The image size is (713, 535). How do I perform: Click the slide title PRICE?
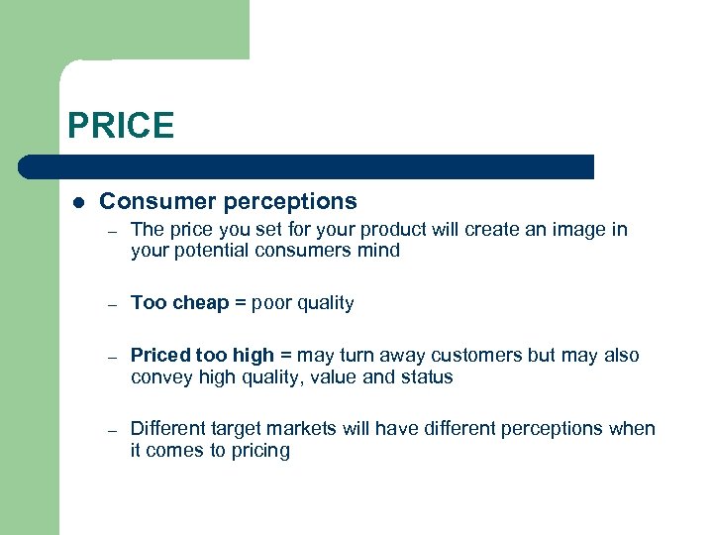coord(121,126)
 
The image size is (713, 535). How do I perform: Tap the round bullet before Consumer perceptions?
coord(77,202)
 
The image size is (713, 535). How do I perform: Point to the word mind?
coord(379,251)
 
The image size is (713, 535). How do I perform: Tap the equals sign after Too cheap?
coord(239,303)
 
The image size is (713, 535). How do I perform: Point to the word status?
coord(427,377)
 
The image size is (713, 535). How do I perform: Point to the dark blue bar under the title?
coord(307,166)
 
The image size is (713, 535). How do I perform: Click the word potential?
coord(211,251)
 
